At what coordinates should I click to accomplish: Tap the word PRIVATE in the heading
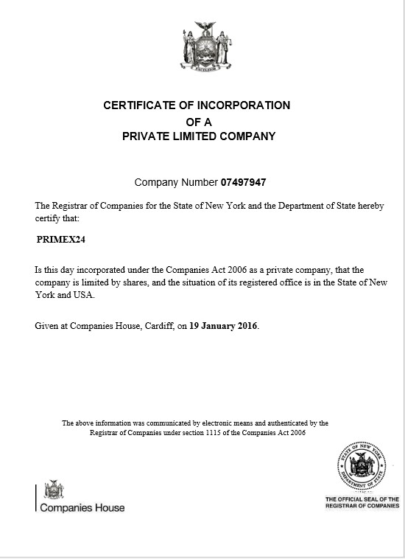coord(149,136)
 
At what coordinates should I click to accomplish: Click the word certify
coord(49,218)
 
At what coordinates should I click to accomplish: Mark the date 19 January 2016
coord(223,325)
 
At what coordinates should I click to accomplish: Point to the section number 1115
coord(231,433)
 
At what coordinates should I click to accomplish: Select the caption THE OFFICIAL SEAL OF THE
coord(363,500)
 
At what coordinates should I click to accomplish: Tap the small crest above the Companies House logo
coord(54,490)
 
